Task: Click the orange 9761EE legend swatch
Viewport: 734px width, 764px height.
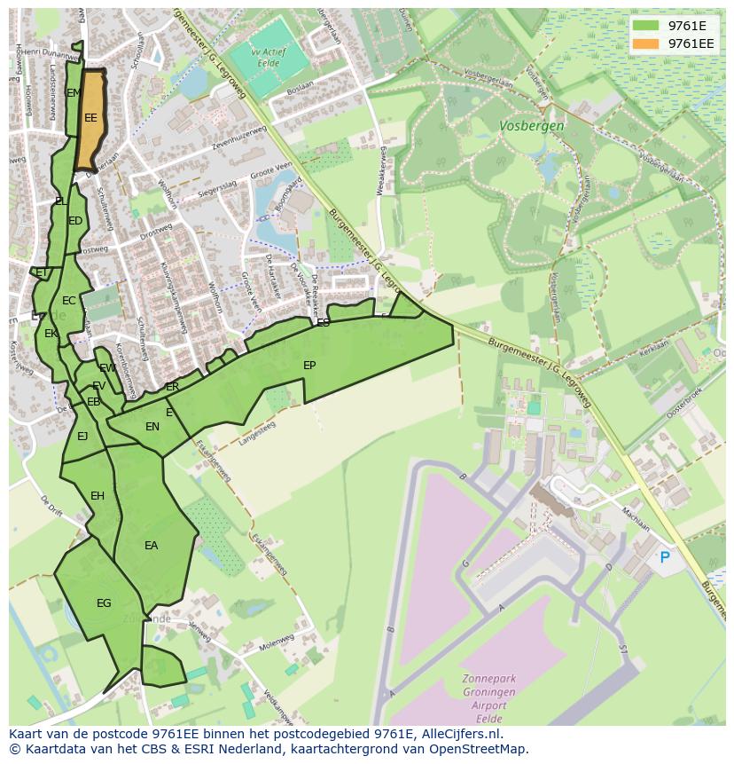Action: [x=646, y=43]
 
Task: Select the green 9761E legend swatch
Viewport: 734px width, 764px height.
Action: [x=646, y=25]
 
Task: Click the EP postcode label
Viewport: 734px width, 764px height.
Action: [x=309, y=365]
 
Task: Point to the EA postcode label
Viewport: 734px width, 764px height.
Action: [x=152, y=546]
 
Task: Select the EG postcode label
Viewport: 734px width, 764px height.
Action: [x=104, y=603]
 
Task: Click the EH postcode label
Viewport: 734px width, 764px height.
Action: [x=98, y=495]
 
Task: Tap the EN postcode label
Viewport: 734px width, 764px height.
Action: [x=152, y=427]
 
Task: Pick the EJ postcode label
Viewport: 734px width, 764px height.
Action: [x=82, y=436]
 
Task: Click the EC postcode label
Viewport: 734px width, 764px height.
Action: [x=69, y=301]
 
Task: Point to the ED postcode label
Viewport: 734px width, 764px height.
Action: [x=75, y=221]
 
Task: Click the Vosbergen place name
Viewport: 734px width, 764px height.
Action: [x=531, y=126]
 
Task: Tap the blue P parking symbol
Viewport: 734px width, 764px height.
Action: [x=664, y=557]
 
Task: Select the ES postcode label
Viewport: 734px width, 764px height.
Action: [x=324, y=322]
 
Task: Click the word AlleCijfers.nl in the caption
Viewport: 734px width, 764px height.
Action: [x=457, y=734]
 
